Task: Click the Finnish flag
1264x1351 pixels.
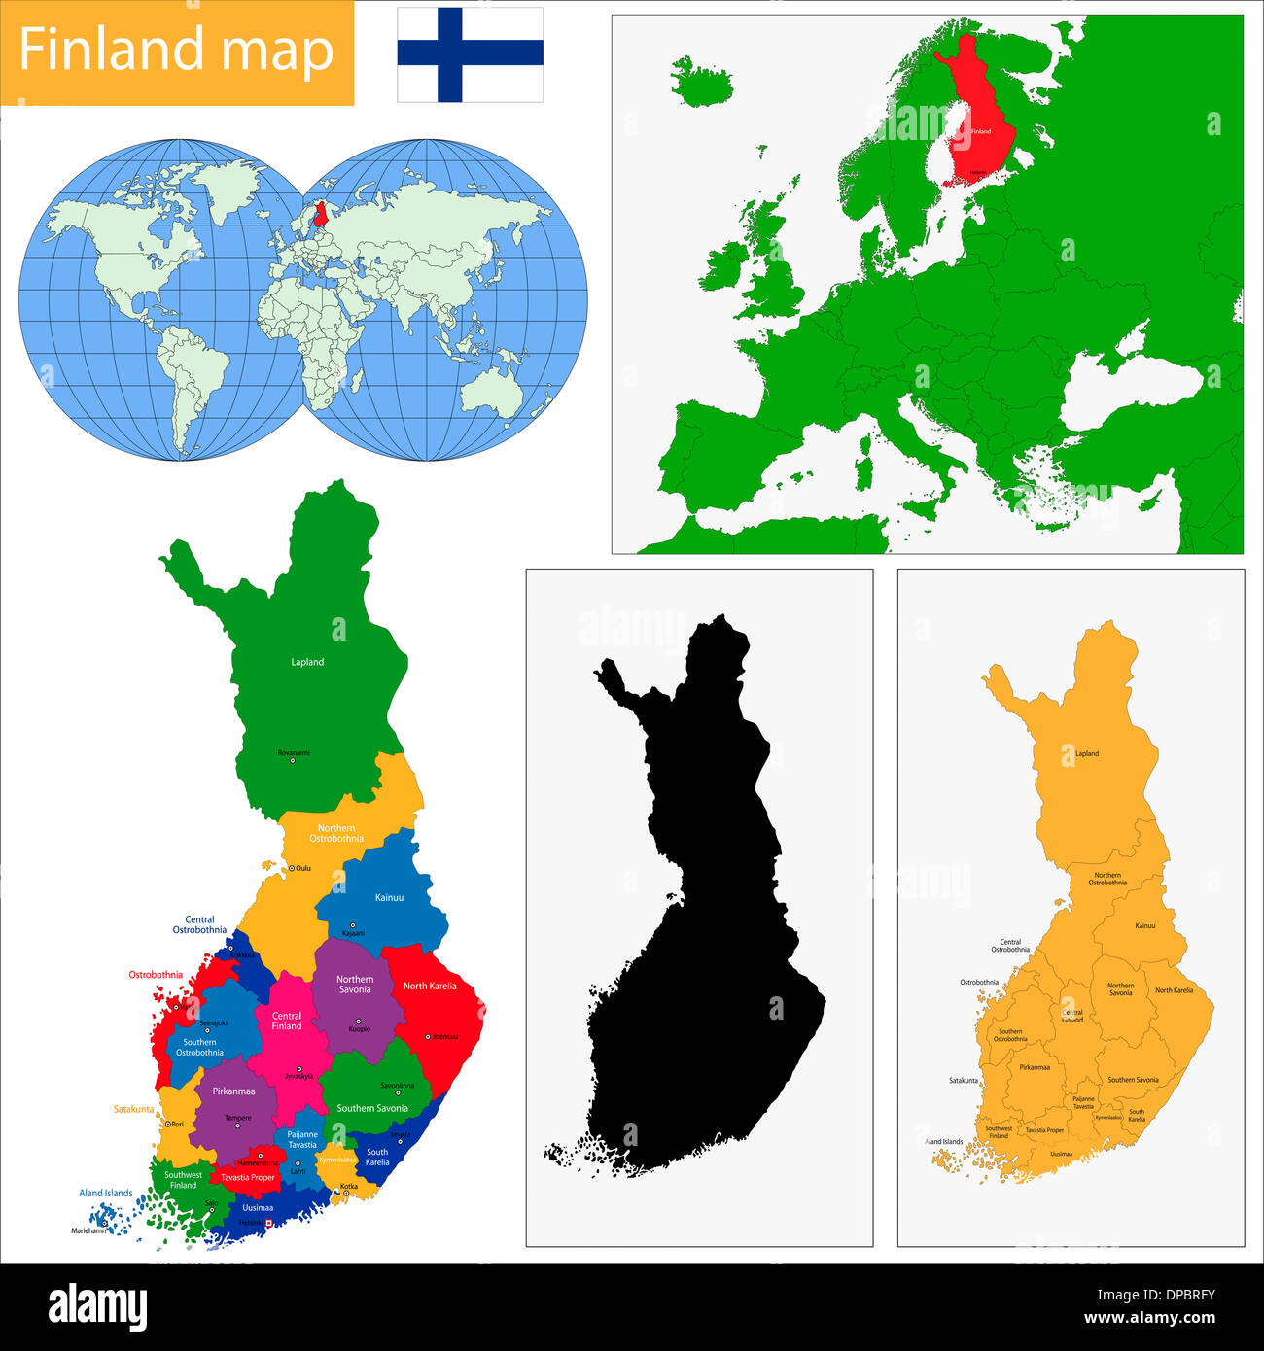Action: point(470,54)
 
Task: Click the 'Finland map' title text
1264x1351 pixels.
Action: point(176,51)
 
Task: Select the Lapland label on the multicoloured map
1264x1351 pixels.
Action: point(307,662)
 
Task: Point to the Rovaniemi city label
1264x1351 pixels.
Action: point(293,752)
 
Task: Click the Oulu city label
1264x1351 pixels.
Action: point(303,868)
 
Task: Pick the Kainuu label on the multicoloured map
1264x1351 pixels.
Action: point(389,897)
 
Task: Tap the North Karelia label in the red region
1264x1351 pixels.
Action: point(430,986)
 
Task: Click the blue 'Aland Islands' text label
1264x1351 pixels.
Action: point(106,1193)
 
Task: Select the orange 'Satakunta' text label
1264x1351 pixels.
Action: point(133,1109)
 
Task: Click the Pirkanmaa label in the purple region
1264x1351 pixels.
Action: point(233,1091)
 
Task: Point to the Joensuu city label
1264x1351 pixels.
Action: point(444,1036)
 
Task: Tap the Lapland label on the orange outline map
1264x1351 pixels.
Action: point(1087,753)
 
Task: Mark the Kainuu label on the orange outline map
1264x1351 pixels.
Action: point(1145,925)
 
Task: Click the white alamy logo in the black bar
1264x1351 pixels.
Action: point(97,1307)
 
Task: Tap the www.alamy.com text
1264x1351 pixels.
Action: point(1149,1318)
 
